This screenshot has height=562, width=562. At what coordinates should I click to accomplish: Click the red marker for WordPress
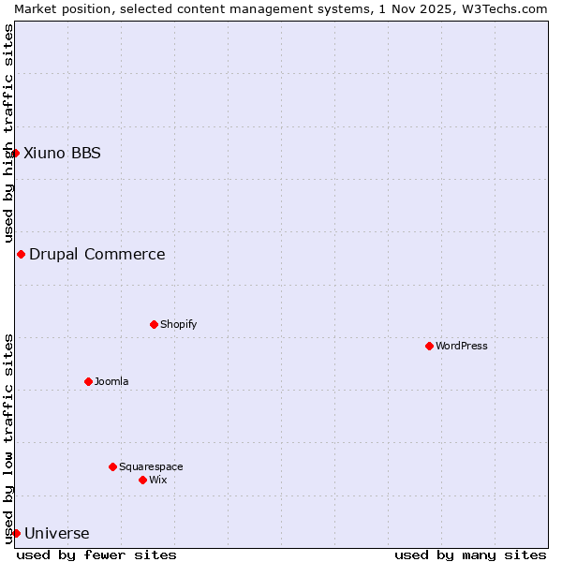click(x=429, y=346)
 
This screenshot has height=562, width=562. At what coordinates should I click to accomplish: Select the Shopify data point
click(x=154, y=324)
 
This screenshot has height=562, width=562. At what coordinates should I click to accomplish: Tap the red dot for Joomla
click(x=88, y=381)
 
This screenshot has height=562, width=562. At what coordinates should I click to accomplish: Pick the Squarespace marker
click(x=112, y=466)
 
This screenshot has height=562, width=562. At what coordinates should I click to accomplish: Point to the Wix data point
click(x=142, y=480)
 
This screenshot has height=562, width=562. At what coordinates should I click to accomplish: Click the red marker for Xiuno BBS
click(x=15, y=153)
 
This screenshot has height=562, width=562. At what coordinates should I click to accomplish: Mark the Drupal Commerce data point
click(x=21, y=254)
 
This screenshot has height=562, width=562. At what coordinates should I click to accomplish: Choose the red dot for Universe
click(x=16, y=533)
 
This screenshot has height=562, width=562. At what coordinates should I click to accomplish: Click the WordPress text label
click(x=462, y=346)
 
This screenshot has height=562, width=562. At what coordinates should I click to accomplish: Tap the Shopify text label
click(x=178, y=324)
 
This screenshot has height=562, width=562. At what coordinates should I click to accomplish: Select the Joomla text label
click(x=111, y=381)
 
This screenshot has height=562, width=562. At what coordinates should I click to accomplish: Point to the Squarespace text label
click(x=151, y=466)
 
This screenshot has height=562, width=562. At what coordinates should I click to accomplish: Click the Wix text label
click(x=158, y=480)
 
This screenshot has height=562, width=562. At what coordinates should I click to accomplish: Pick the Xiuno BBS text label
click(x=62, y=153)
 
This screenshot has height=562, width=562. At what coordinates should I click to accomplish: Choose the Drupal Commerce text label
click(x=97, y=254)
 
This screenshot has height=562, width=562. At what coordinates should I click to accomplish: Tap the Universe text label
click(x=57, y=534)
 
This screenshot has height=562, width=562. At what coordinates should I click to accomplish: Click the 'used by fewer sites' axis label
click(x=96, y=555)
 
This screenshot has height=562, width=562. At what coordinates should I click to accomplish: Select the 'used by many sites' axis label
click(x=470, y=555)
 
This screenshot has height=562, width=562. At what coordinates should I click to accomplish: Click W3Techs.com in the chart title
click(x=502, y=8)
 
